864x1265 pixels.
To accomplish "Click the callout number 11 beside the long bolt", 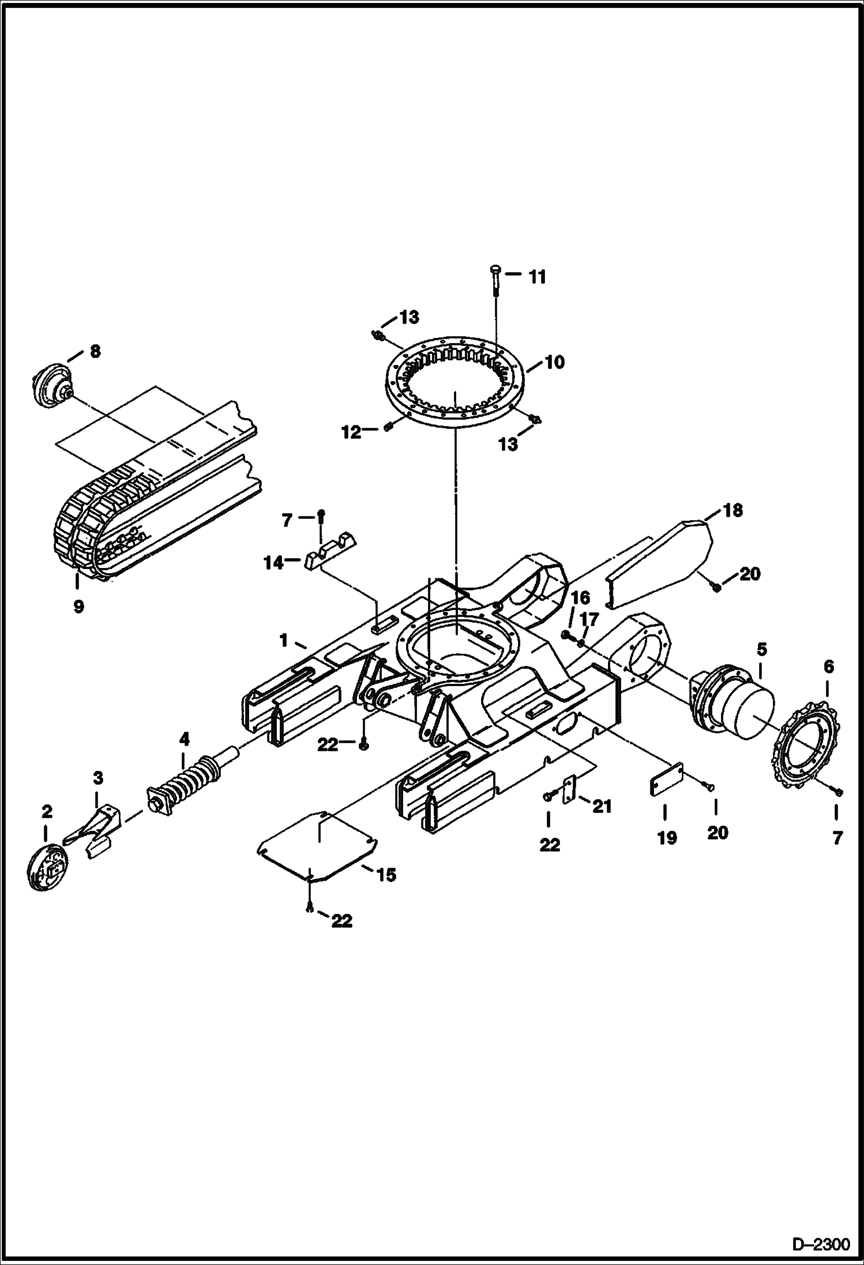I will (x=537, y=277).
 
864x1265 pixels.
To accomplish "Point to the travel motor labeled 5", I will (x=732, y=703).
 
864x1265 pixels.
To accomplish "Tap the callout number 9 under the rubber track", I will (x=78, y=607).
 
